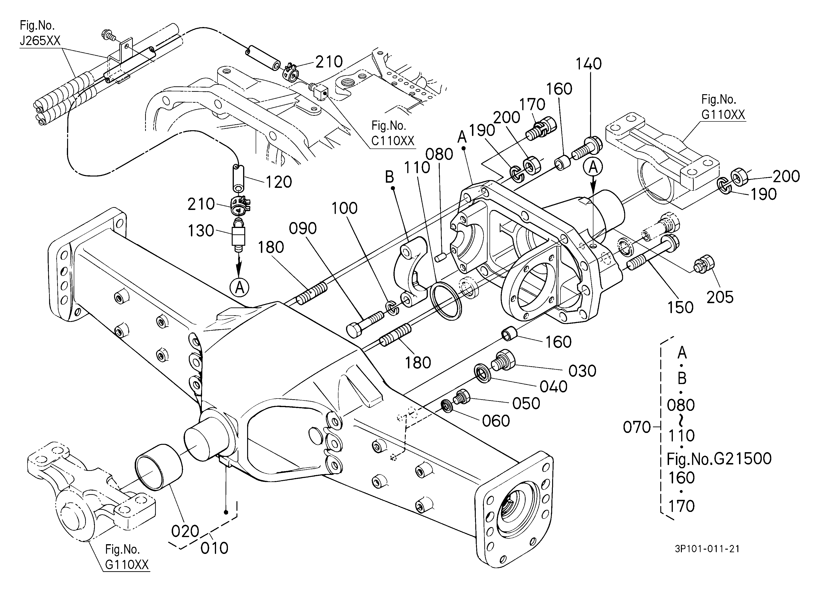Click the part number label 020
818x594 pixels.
185,531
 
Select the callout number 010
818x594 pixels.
214,548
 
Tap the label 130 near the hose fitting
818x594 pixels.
201,231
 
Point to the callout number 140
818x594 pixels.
589,64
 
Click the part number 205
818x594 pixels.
720,297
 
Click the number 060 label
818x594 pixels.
496,421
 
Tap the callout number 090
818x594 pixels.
303,228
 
